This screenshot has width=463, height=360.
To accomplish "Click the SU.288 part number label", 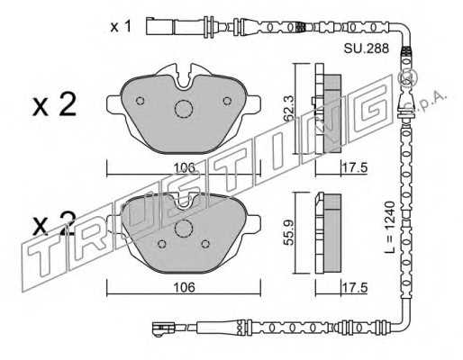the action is coord(366,49).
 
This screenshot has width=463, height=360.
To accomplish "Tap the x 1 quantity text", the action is coord(121,27).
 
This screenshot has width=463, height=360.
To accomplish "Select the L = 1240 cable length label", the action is coord(389,228).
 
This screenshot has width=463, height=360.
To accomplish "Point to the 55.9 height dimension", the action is coord(289,232).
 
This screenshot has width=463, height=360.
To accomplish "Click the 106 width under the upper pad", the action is coord(186,167).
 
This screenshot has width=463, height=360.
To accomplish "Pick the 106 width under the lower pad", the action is coord(185,287).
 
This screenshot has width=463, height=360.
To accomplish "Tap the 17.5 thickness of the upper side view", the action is coord(355,167).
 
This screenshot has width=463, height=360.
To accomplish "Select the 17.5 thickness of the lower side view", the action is coord(355,288).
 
